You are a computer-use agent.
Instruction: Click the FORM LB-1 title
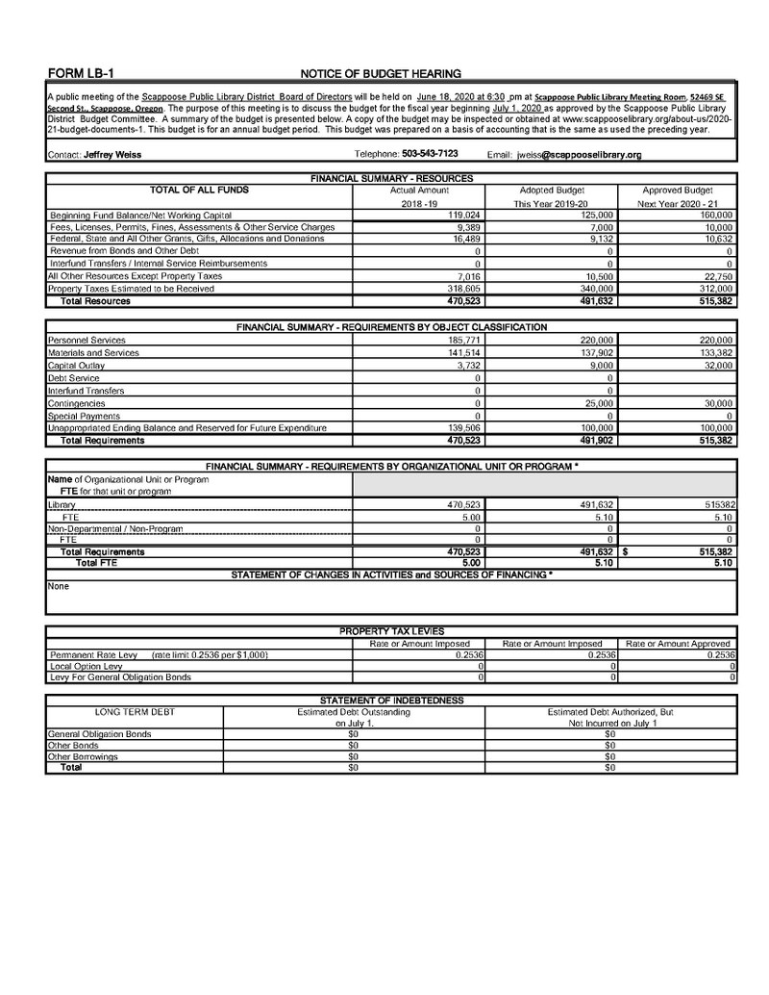[x=82, y=73]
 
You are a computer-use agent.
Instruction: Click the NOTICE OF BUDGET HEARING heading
[x=381, y=73]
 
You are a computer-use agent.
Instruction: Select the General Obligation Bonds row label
[x=99, y=733]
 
